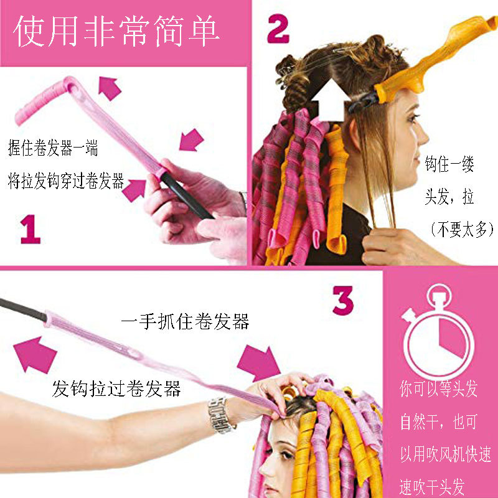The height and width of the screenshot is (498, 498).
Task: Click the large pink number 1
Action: tap(30, 228)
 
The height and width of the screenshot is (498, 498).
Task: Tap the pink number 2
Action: tap(278, 29)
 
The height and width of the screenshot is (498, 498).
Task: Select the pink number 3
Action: tap(343, 299)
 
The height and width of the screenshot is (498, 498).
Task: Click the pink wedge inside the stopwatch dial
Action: tap(451, 342)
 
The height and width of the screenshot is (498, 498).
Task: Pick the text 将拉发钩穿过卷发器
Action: tap(66, 182)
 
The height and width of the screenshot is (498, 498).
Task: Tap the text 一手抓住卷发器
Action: tap(186, 321)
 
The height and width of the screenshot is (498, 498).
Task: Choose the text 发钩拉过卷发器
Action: tap(116, 389)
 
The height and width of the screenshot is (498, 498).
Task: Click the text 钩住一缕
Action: tap(449, 166)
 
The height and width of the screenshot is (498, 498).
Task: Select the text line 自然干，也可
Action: tap(438, 423)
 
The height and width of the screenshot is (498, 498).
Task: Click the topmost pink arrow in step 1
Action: tap(110, 88)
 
